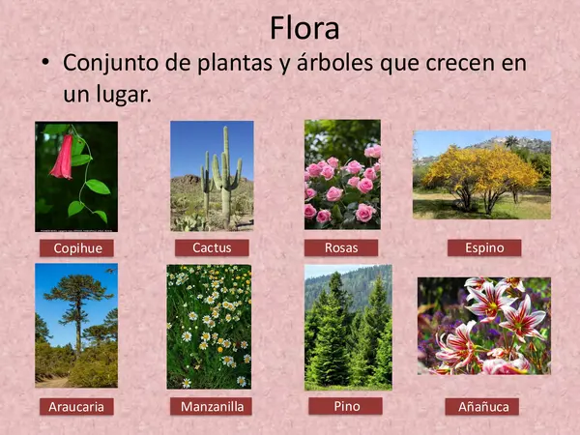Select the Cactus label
tap(212, 248)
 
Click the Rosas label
tap(341, 247)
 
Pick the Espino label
tap(484, 247)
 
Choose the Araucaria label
tap(75, 407)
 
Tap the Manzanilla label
tap(212, 407)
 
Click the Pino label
tap(345, 406)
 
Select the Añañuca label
tap(483, 407)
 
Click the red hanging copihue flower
tap(64, 158)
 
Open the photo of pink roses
tap(342, 174)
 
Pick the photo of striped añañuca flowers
tap(483, 326)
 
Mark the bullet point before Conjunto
tap(43, 64)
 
